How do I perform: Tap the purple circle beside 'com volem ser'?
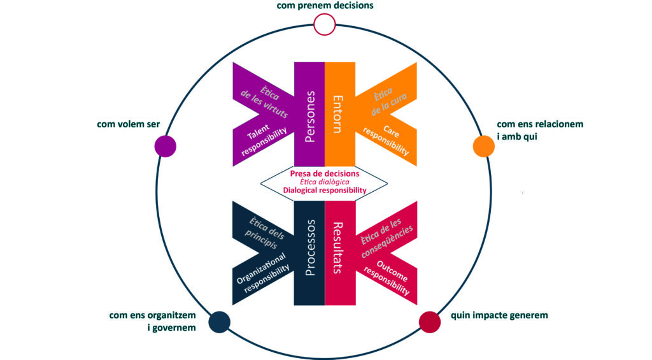tap(165, 146)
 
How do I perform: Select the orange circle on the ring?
tap(483, 146)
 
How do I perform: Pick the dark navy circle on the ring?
tap(219, 322)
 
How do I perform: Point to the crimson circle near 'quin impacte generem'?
tap(429, 322)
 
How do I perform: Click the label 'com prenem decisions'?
tap(325, 6)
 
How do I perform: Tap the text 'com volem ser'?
tap(128, 124)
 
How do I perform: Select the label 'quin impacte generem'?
tap(499, 315)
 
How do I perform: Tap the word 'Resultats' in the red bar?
tap(338, 247)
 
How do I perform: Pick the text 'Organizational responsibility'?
tap(262, 272)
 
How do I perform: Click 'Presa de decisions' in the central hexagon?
tap(324, 173)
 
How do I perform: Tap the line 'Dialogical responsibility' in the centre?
tap(324, 190)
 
